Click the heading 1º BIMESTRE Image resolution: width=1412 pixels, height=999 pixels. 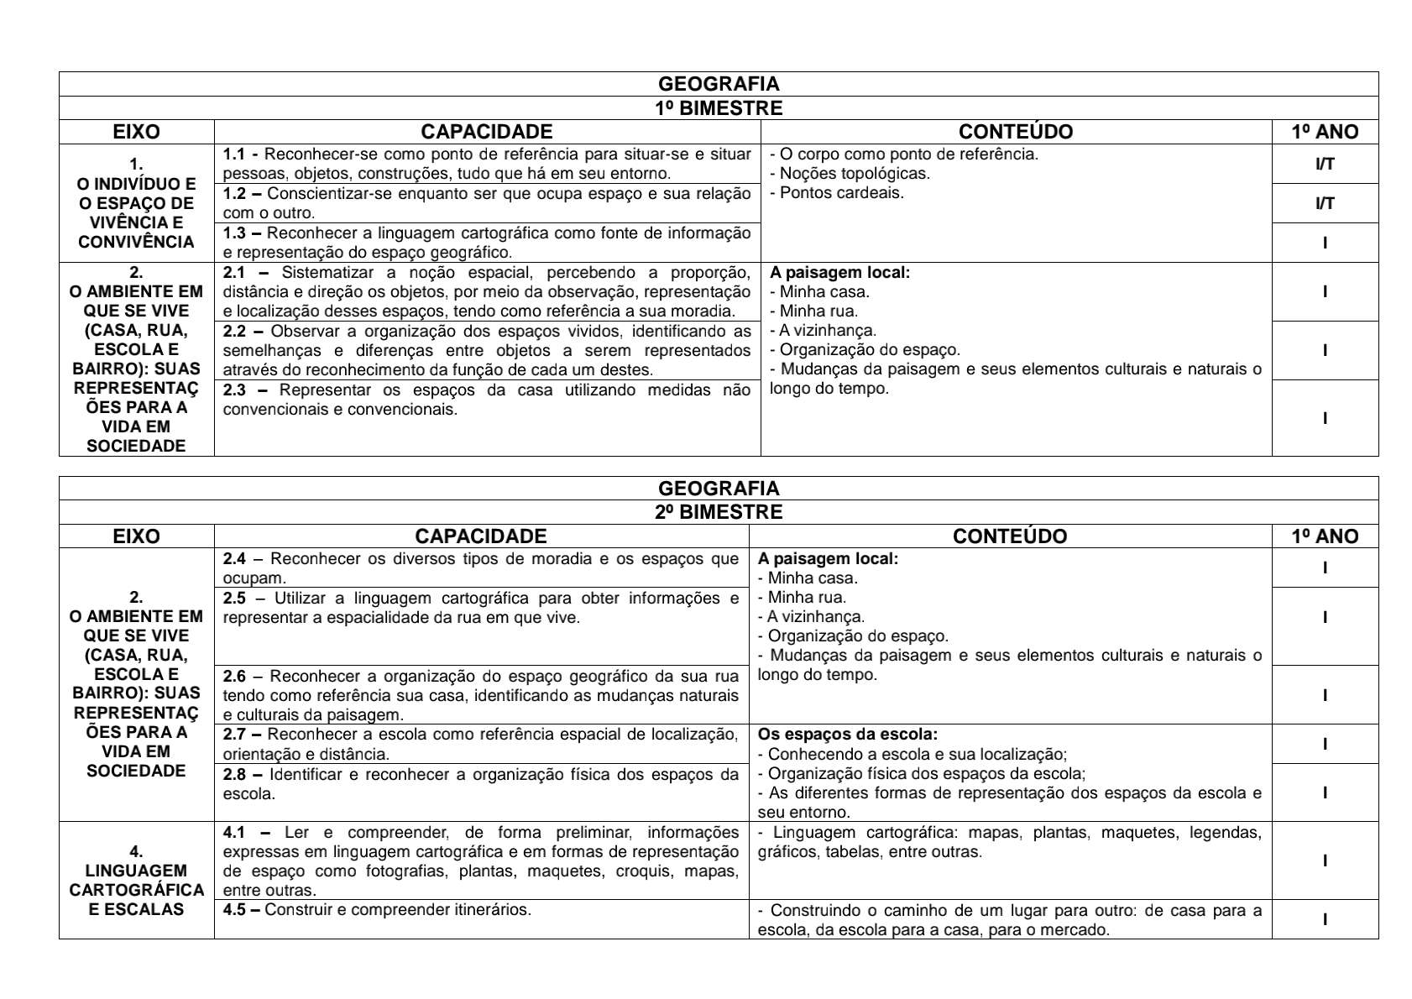point(719,108)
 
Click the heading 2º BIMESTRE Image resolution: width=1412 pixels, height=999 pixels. point(719,512)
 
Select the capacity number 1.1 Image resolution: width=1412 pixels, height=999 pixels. point(234,154)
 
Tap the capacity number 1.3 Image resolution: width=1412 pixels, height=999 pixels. point(234,233)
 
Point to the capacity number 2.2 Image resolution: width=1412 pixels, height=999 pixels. point(234,332)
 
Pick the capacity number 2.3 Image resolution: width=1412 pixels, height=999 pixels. point(234,390)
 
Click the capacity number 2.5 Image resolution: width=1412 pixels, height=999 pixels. point(234,599)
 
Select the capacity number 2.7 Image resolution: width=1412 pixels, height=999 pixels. point(234,735)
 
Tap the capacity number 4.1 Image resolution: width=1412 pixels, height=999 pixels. point(234,833)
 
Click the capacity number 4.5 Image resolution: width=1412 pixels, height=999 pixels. point(234,910)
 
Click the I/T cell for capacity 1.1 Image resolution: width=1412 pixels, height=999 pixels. point(1325,165)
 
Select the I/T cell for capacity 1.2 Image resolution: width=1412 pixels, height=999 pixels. point(1325,204)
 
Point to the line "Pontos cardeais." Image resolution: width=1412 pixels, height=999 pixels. point(841,193)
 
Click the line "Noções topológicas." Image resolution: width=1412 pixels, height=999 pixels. point(854,174)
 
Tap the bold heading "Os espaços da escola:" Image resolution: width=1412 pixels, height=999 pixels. point(847,735)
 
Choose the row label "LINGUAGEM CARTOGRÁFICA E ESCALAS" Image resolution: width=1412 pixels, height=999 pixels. point(136,881)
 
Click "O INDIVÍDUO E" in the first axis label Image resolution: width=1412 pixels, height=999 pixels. point(136,184)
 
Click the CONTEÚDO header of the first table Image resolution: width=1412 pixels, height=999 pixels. point(1015,132)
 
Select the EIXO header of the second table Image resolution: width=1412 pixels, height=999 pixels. point(136,536)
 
